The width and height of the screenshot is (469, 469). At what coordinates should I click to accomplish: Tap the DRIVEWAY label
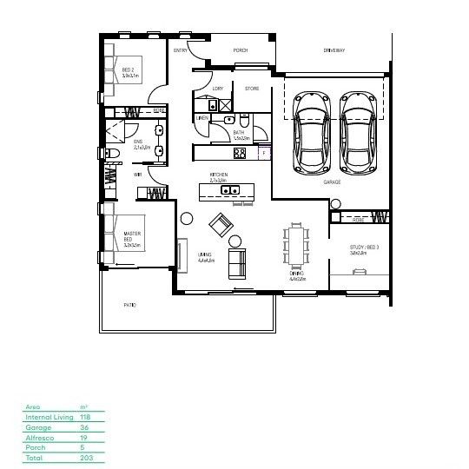coord(334,51)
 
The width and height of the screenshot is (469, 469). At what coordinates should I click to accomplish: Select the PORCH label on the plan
coord(241,51)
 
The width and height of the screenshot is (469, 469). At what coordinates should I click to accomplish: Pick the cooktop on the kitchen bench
coord(240,153)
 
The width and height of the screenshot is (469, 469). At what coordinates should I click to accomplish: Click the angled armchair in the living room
coord(221,225)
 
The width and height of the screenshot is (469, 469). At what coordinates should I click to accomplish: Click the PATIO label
coord(129,305)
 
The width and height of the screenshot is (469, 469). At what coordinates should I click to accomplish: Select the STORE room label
coord(252,89)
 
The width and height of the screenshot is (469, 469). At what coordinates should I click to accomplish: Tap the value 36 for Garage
coord(83,427)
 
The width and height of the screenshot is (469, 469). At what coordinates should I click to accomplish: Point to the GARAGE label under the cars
coord(332,182)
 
